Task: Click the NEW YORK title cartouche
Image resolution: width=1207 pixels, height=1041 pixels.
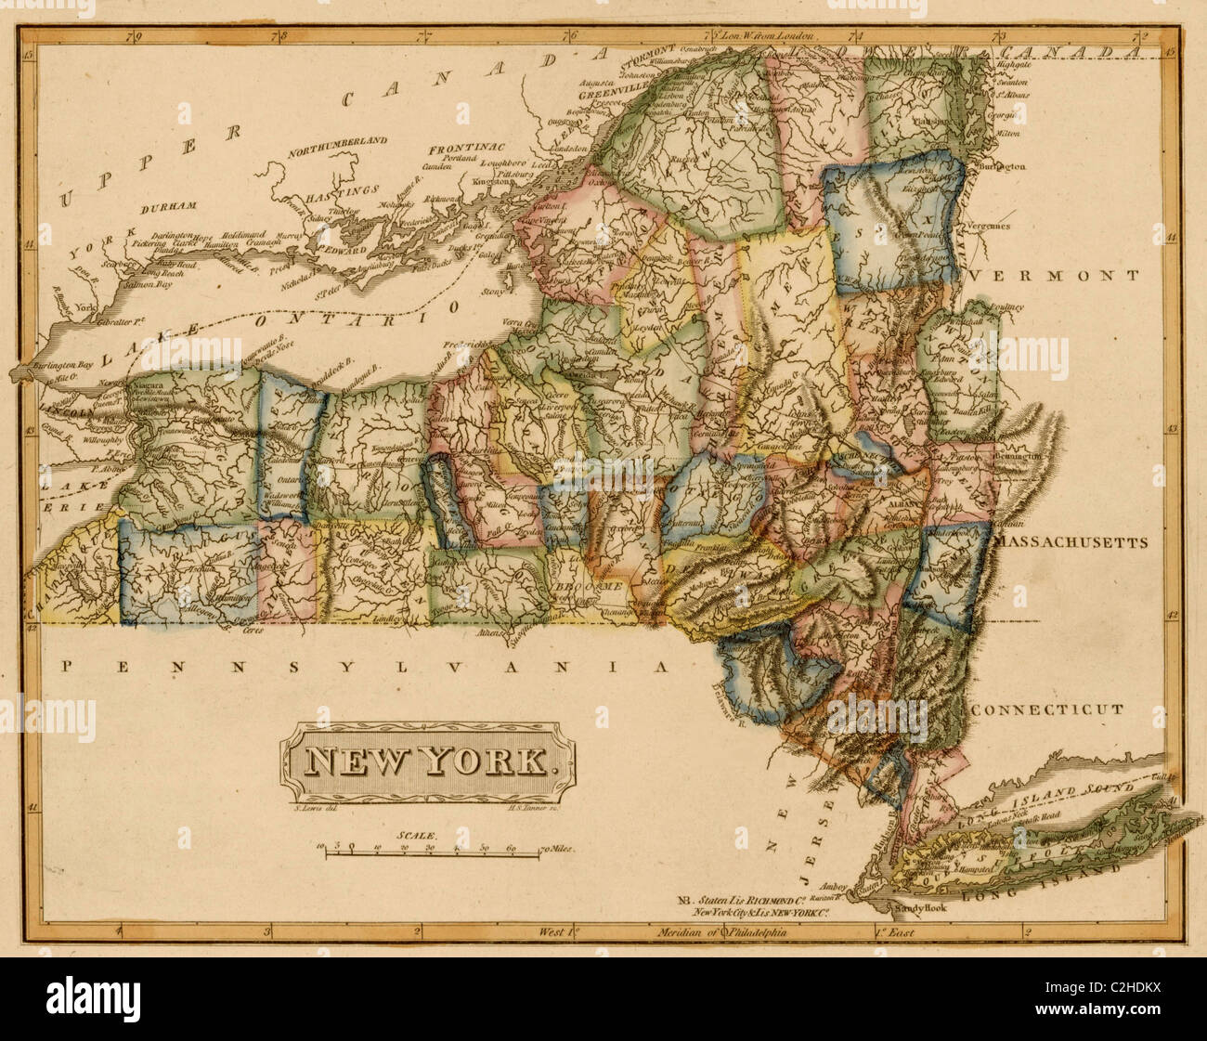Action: point(428,761)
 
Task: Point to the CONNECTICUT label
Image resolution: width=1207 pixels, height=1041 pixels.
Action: point(1047,709)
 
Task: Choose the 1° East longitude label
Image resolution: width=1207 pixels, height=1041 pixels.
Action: point(893,932)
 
